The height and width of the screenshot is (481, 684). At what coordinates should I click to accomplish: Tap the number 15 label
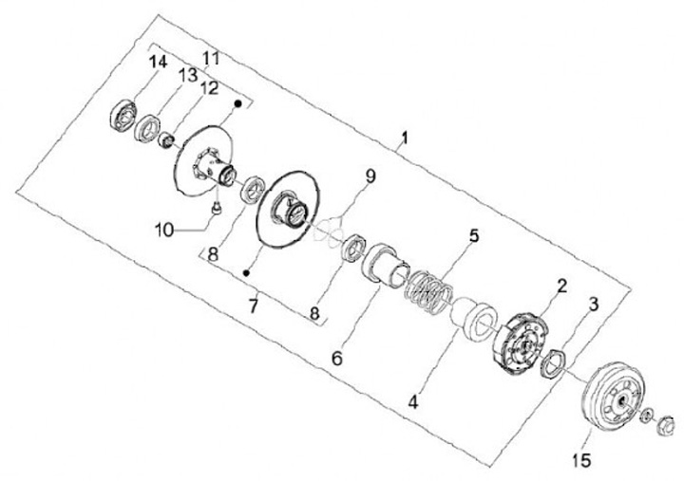point(581,461)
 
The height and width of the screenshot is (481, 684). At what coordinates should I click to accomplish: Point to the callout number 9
point(370,176)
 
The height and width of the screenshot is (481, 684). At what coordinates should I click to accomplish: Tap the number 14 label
point(157,63)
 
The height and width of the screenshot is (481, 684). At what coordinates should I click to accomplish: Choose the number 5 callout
point(472,233)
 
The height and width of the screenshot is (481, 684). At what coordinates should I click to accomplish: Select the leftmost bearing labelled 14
point(123,115)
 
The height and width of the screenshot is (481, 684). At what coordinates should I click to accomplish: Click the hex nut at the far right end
point(666,423)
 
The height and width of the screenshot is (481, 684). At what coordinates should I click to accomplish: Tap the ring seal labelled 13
point(147,127)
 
